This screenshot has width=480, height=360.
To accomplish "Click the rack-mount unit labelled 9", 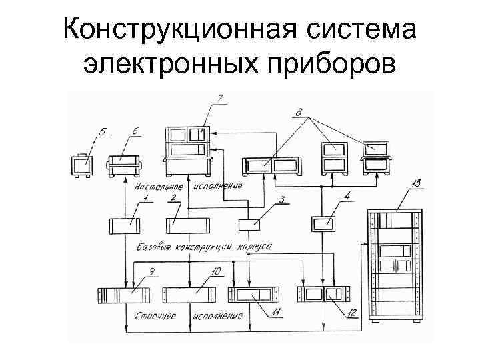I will click(124, 295).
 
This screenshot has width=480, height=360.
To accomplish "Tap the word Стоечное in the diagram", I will click(155, 316).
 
